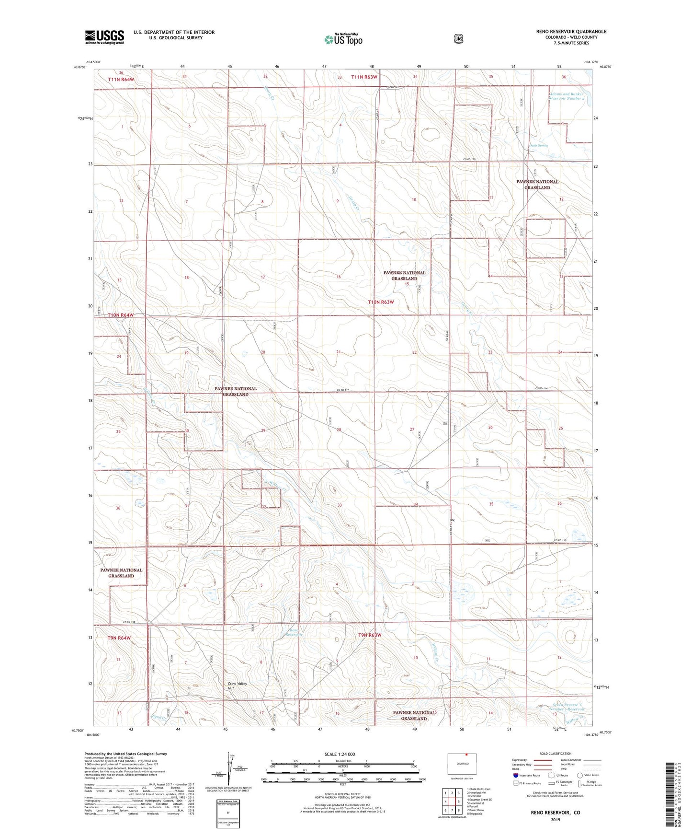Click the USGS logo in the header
[104, 37]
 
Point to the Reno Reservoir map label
[293, 632]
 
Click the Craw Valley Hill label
[238, 686]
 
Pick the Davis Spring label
[538, 145]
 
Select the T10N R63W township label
[381, 302]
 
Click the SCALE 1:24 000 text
[340, 754]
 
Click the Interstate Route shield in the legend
[515, 775]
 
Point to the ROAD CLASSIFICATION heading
[555, 754]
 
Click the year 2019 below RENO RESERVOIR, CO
[555, 819]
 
